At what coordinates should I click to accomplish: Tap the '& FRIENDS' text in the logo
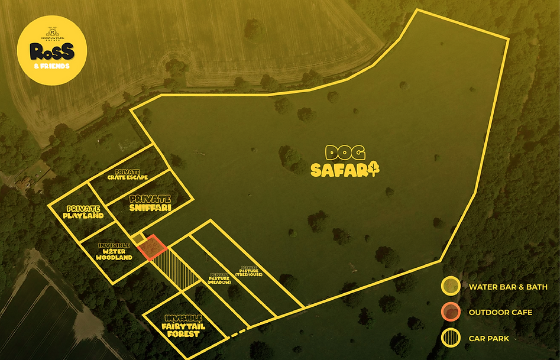coord(51,66)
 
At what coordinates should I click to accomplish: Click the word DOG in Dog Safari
coord(340,154)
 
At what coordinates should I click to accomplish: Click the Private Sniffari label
coord(150,204)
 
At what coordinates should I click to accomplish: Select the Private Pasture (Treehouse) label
coord(244,271)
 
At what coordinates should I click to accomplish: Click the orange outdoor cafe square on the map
coord(153,248)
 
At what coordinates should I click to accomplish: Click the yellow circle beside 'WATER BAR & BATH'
coord(451,287)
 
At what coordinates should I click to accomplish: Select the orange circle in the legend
coord(451,312)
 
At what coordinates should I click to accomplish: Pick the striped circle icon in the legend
coord(451,338)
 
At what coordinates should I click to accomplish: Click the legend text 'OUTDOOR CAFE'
coord(500,313)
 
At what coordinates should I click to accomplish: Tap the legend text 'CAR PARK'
coord(489,339)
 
